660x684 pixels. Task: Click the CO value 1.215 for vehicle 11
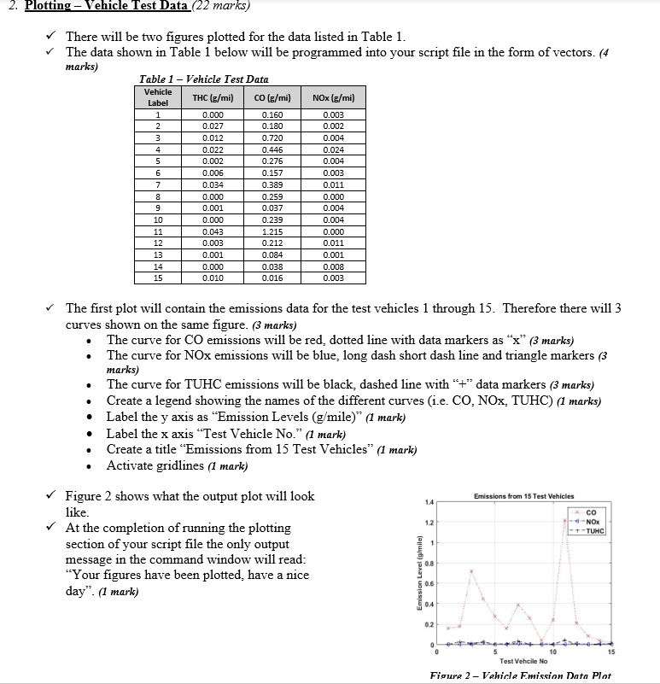click(272, 232)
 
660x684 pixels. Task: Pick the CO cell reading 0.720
click(272, 137)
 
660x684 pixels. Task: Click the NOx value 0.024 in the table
click(334, 149)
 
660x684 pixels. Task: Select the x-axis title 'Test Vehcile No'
click(523, 661)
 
